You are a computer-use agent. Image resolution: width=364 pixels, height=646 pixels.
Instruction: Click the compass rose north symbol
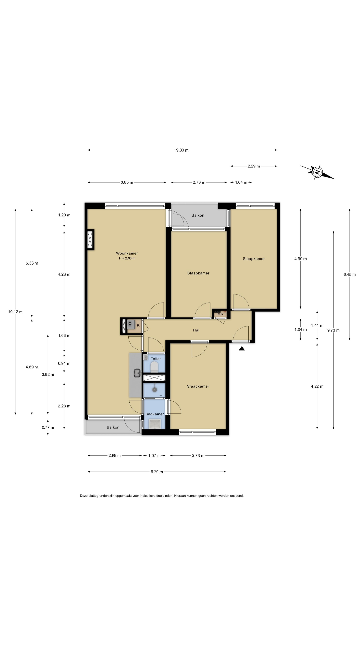coord(317,172)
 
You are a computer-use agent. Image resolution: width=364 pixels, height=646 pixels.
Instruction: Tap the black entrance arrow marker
coord(242,348)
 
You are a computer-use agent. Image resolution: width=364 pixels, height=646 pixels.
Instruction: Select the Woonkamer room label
coord(127,253)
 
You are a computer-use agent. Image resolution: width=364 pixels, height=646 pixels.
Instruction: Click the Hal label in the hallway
coord(196,330)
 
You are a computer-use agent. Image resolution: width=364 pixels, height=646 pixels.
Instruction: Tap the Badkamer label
coord(155,414)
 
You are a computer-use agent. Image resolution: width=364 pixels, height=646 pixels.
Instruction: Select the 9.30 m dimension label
coord(182,150)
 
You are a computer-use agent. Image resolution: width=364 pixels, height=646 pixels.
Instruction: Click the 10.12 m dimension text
coord(15,312)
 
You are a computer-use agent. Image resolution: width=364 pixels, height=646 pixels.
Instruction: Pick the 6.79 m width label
coord(157,472)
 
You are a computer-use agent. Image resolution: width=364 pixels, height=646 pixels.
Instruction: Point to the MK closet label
coord(220,314)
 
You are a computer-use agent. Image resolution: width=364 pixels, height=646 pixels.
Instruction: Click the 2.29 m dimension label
coord(254,166)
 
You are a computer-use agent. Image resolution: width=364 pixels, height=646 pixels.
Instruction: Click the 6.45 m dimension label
coord(350,275)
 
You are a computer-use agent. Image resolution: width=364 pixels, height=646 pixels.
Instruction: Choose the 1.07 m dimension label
coord(154,456)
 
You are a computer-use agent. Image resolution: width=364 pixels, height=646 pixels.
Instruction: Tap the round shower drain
coord(155,390)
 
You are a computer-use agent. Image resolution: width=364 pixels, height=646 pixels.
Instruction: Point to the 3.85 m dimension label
coord(127,183)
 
